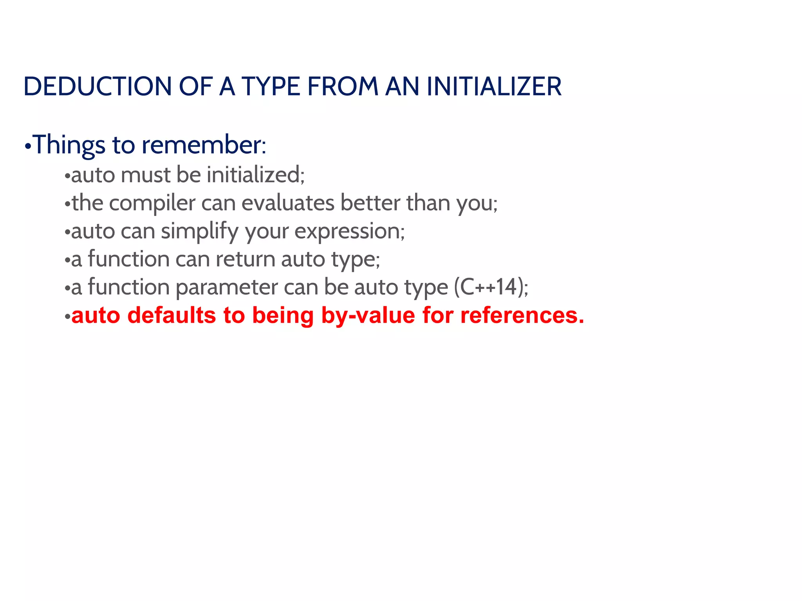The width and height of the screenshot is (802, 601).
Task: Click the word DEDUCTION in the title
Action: click(x=98, y=86)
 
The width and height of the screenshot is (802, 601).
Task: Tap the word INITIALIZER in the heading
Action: click(x=494, y=86)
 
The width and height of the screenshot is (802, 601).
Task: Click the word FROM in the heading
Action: click(x=343, y=86)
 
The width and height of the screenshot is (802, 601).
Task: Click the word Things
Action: click(x=69, y=145)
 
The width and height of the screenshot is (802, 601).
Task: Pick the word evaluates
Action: click(x=288, y=203)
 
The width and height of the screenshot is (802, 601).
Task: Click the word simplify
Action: click(x=199, y=231)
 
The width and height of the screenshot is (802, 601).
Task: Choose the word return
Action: click(x=246, y=259)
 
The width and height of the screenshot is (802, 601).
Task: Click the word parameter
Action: click(x=227, y=287)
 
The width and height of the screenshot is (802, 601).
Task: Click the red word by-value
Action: click(x=368, y=315)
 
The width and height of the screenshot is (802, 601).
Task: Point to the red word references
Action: click(x=522, y=315)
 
